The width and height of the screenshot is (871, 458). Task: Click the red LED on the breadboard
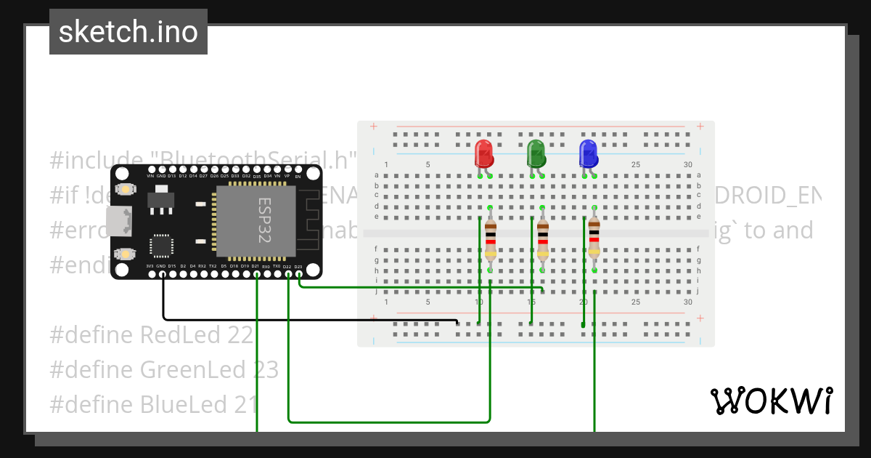483,154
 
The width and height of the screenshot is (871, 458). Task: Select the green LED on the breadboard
536,154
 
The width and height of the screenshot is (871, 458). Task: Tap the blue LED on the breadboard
588,154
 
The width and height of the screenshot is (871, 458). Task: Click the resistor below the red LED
491,240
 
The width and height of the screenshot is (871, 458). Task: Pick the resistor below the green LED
543,240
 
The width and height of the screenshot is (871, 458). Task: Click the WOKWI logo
771,401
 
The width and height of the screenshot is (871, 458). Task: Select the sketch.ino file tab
128,32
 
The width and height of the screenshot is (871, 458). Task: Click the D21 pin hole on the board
255,274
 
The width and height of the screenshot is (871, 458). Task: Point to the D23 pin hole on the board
298,274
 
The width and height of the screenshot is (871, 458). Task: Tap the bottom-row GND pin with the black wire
161,274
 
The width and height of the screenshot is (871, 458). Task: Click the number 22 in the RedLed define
243,335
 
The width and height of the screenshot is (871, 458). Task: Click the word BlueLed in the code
184,405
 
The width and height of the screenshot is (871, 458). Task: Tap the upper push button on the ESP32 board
126,190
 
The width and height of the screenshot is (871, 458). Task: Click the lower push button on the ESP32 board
126,254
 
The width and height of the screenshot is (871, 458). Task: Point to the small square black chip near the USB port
161,245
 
